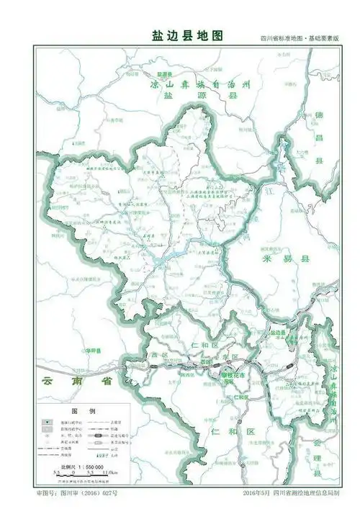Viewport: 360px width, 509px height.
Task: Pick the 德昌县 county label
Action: pos(318,138)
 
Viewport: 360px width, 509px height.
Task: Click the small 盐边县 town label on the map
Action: pos(278,333)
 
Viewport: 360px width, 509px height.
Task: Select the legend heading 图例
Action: pos(78,409)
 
